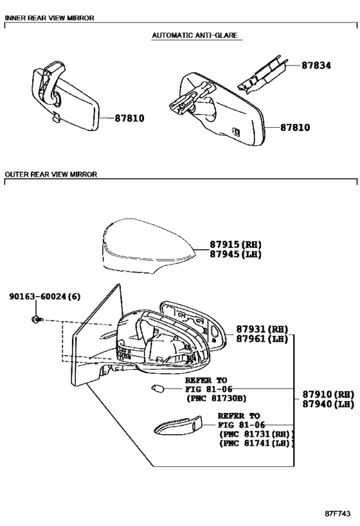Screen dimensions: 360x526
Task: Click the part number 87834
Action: [x=316, y=66]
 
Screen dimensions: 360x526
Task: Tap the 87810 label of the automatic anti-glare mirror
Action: [x=295, y=127]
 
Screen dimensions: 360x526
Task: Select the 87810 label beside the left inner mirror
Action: [x=130, y=118]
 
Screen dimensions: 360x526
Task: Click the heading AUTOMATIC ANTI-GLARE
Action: [x=195, y=35]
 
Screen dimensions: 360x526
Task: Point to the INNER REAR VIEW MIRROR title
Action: [x=50, y=18]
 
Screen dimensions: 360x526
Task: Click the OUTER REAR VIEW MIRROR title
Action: [x=51, y=174]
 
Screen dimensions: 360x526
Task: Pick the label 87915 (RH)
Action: [x=235, y=245]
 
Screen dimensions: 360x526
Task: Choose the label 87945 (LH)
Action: [x=235, y=254]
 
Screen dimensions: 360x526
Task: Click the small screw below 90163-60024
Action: [x=36, y=319]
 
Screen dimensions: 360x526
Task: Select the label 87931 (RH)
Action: [x=262, y=329]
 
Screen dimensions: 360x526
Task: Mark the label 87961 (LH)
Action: [x=262, y=339]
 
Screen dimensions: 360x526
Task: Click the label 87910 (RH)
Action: [x=328, y=394]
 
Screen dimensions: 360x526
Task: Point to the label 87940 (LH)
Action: [x=328, y=404]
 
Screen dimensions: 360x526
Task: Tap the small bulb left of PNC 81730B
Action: [x=157, y=389]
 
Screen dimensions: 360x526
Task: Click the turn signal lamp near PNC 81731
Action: [x=178, y=426]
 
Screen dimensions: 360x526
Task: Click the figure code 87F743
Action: [x=337, y=514]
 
